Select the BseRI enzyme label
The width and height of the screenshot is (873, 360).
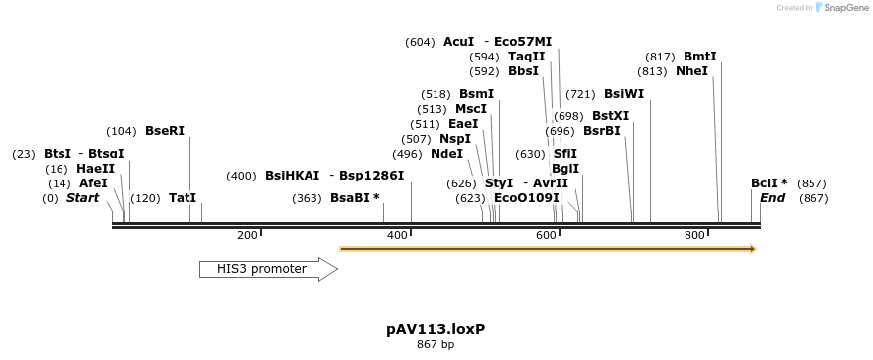165,130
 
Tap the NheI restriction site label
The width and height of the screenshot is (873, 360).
691,71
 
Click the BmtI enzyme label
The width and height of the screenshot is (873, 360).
699,57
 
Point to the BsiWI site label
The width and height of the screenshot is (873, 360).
623,94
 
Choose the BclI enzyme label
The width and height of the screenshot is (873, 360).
769,183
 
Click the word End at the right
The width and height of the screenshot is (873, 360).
772,198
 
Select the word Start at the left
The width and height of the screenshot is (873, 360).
83,198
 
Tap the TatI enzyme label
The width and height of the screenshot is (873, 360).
182,198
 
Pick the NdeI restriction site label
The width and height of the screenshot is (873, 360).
446,154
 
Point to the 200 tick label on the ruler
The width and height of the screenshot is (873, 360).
247,235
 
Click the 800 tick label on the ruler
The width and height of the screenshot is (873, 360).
694,235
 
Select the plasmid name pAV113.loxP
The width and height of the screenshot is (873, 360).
436,328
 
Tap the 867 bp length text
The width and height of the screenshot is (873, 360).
436,345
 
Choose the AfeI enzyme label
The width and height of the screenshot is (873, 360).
93,183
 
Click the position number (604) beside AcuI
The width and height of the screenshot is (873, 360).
420,42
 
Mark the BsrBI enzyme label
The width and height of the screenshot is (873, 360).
601,130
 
